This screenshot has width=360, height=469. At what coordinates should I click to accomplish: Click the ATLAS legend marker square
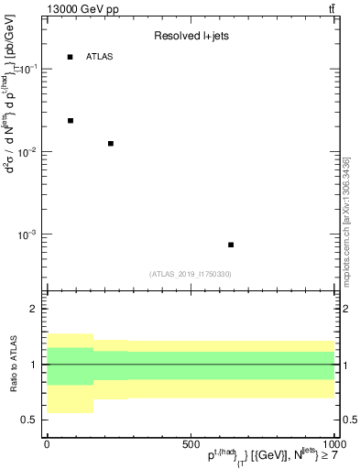pyautogui.click(x=71, y=57)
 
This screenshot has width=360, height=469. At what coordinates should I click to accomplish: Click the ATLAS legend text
pyautogui.click(x=99, y=57)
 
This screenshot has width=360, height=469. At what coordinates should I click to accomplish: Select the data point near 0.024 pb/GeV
pyautogui.click(x=71, y=120)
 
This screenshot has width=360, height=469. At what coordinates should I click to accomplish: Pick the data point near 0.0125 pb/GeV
pyautogui.click(x=111, y=144)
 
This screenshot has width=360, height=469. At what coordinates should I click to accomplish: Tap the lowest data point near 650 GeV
pyautogui.click(x=231, y=245)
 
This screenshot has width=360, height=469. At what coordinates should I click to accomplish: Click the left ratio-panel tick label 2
pyautogui.click(x=33, y=310)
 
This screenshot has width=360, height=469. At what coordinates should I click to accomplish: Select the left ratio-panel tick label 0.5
pyautogui.click(x=28, y=420)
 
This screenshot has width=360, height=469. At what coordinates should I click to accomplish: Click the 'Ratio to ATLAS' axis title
pyautogui.click(x=12, y=364)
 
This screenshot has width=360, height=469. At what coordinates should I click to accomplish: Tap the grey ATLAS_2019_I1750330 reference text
pyautogui.click(x=191, y=274)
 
